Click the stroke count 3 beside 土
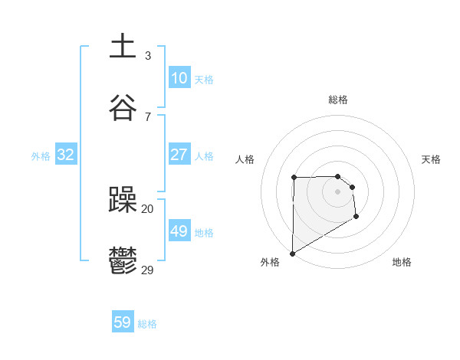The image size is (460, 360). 148,56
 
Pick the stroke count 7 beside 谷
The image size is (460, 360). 148,117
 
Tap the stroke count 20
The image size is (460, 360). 148,208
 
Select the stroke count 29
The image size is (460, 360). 148,270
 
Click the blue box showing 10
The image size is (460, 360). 179,78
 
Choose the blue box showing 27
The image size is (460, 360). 179,155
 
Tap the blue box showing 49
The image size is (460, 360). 179,231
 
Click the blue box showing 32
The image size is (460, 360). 66,155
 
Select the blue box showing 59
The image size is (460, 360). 123,322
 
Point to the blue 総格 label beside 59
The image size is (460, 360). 148,324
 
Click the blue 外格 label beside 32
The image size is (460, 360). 41,156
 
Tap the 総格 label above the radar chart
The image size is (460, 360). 338,100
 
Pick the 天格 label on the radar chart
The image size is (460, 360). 432,159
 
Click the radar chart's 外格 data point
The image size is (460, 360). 292,253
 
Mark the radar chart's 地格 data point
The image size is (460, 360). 356,217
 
